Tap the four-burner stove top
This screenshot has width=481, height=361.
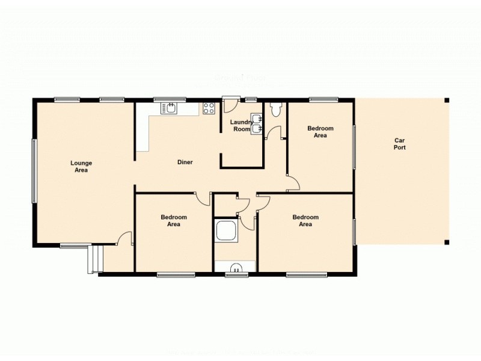pos(209,108)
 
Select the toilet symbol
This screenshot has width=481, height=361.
pos(276,110)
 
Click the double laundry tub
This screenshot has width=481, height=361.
pos(257,123)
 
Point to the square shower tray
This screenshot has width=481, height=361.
pos(227,231)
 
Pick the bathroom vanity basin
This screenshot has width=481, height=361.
pos(236,268)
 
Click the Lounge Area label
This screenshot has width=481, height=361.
pos(81,167)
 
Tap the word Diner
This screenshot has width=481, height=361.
pos(185,162)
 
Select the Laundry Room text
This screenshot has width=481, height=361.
pos(241,126)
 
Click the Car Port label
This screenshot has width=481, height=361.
pos(400,144)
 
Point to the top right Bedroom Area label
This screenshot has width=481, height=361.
pos(320,132)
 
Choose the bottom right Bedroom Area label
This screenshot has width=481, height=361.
pos(305,221)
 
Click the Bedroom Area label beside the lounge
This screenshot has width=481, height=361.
pos(174,221)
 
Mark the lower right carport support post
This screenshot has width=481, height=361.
pos(446,242)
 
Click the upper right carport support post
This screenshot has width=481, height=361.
pos(446,100)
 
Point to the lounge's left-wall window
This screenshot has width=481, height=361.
pos(34,171)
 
